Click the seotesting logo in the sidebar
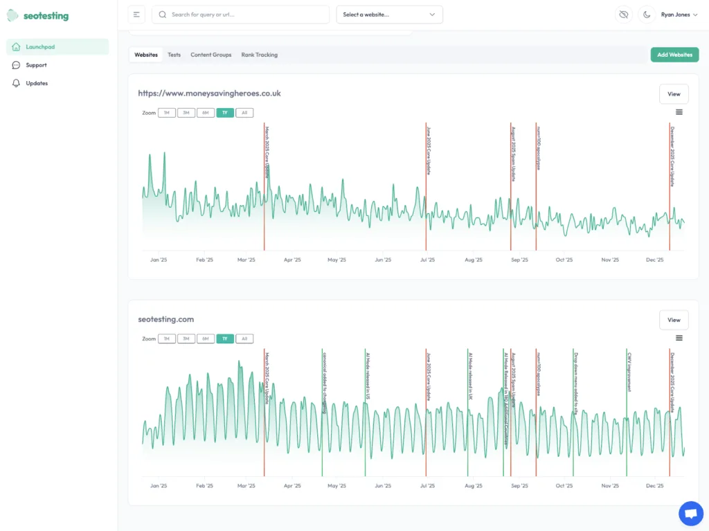38,15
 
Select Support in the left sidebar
36,65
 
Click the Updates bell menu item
37,83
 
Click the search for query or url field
240,15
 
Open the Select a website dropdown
389,15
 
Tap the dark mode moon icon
647,15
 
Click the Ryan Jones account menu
679,15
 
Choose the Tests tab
174,55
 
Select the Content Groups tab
210,55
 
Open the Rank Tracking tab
259,55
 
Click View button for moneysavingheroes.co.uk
674,94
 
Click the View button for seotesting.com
674,320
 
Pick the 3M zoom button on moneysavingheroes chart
186,113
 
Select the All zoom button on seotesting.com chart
244,339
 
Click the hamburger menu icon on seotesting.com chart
679,338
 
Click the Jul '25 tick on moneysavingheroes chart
427,260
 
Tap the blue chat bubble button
690,513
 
